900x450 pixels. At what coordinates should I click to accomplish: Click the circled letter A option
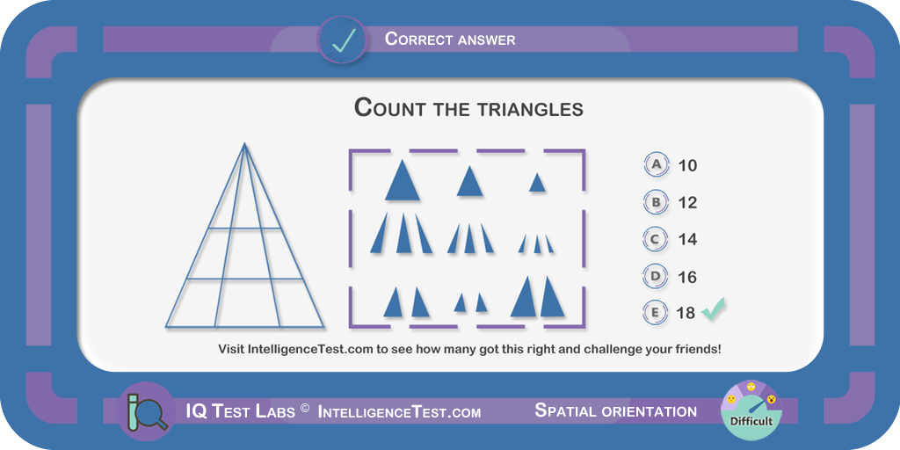[x=656, y=164]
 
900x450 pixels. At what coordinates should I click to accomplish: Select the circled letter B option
[x=656, y=202]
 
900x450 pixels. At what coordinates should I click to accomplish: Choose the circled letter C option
[x=656, y=239]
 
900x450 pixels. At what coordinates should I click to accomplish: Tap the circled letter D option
[x=656, y=277]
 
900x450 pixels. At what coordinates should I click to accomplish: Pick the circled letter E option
[x=656, y=313]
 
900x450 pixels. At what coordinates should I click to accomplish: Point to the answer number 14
[x=687, y=239]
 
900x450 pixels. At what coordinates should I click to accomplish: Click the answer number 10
[x=687, y=165]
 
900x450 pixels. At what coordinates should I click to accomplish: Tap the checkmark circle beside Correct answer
[x=343, y=40]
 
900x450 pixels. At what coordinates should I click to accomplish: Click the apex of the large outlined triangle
[x=244, y=143]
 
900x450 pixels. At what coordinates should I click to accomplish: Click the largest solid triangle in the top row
[x=403, y=180]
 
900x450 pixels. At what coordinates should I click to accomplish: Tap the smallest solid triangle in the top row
[x=537, y=183]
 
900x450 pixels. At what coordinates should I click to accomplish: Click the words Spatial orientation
[x=616, y=411]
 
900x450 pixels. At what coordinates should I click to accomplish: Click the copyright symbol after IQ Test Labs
[x=305, y=408]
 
